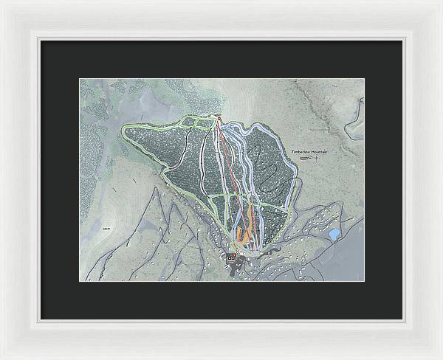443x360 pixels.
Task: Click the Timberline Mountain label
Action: pos(312,150)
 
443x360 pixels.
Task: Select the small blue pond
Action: pos(334,235)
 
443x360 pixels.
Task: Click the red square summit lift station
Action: pos(219,117)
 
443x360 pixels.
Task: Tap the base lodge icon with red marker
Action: pos(232,257)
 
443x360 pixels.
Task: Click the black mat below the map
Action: pos(221,300)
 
